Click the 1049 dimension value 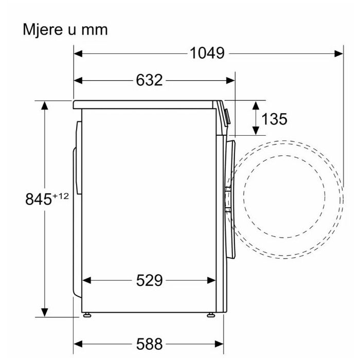coord(207,53)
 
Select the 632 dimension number coord(149,80)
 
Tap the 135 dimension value coord(274,119)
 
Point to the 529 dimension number coord(149,280)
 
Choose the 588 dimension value coord(149,344)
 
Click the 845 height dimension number coord(39,199)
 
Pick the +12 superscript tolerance coord(61,196)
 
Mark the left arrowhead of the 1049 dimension coord(78,53)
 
